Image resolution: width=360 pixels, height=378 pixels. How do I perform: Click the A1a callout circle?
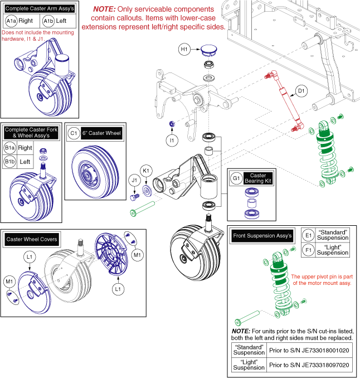11,21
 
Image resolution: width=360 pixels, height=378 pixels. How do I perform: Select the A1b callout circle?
48,21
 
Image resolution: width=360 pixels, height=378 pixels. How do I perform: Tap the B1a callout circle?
9,148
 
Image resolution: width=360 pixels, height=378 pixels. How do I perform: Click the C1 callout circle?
74,133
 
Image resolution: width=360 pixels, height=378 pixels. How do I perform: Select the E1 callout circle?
308,235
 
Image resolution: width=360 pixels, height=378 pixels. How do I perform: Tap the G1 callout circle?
236,179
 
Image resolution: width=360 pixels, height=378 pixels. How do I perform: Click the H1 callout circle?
184,50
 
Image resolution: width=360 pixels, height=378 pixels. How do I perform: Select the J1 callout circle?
134,180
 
